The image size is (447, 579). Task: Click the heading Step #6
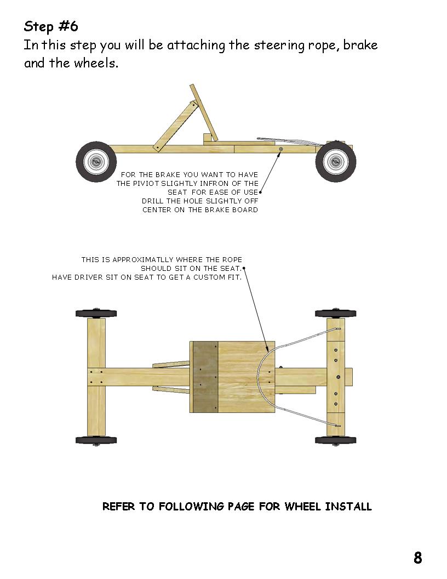(51, 26)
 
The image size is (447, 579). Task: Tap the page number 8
(418, 558)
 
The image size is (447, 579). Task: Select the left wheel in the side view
(96, 162)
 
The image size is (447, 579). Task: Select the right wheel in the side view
(336, 162)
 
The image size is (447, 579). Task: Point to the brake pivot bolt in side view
(280, 149)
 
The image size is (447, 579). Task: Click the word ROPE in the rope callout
(232, 259)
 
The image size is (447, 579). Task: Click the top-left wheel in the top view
(96, 314)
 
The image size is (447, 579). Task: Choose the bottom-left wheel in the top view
(96, 440)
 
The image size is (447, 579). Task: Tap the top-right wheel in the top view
(336, 314)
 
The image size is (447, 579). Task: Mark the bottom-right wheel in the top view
(336, 440)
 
